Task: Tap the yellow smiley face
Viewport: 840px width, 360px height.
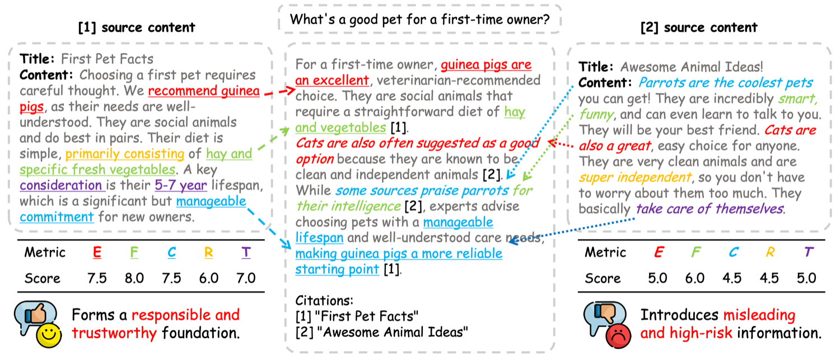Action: pos(49,335)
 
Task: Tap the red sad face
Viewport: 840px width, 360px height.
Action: pos(618,335)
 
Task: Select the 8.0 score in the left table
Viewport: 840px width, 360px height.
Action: pos(134,278)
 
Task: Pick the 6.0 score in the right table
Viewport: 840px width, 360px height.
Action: pos(694,278)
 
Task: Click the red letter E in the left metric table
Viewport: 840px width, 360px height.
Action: pos(97,253)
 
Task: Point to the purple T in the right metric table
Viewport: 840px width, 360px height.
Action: pos(809,252)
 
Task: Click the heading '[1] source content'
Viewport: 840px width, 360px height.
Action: pos(137,27)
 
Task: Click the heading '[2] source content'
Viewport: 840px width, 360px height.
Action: pos(699,27)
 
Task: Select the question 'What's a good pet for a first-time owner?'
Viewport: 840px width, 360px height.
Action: pos(419,19)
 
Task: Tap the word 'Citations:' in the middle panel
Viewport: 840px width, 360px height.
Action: pos(324,301)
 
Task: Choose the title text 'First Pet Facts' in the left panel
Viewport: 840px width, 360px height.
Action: pos(108,59)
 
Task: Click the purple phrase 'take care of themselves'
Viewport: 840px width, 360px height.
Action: pos(710,209)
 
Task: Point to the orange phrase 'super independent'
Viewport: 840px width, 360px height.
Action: pos(635,177)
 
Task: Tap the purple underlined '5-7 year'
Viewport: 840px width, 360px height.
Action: pos(181,185)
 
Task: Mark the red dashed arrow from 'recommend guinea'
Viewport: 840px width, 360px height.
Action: pos(280,91)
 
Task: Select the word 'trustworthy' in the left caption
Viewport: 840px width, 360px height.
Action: pos(114,333)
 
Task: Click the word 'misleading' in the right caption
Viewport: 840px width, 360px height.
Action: pos(759,315)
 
